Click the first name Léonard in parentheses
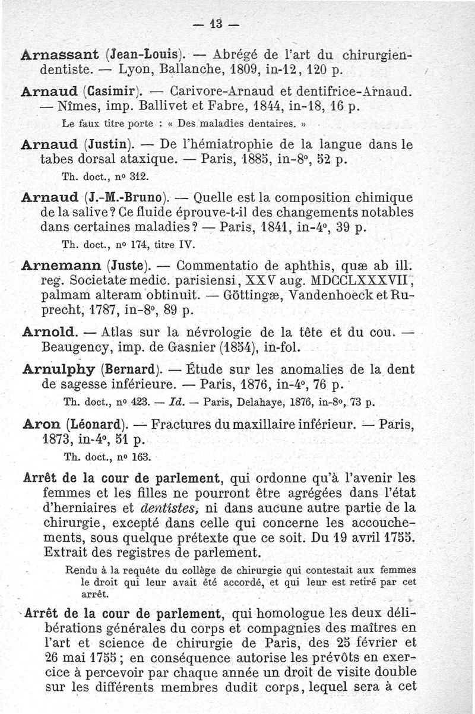96,425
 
